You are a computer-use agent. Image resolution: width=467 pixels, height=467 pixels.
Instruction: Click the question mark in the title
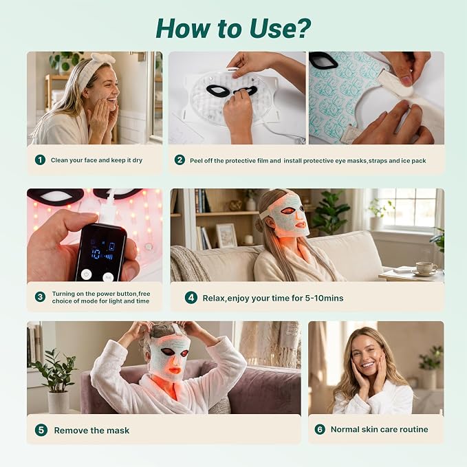coord(301,29)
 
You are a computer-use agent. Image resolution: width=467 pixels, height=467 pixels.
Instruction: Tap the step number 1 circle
coord(40,160)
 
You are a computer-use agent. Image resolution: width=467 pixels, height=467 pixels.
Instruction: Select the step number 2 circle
coord(180,160)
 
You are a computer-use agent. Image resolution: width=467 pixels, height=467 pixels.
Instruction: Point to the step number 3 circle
coord(40,297)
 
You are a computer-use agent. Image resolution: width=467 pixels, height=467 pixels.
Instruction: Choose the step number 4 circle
coord(191,298)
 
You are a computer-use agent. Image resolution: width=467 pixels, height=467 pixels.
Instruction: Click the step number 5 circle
coord(41,430)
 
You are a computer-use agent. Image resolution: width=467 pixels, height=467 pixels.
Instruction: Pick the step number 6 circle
coord(320,429)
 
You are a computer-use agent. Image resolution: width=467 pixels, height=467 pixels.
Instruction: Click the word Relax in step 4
coord(213,298)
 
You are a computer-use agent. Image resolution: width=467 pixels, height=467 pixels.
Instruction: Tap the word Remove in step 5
coord(71,431)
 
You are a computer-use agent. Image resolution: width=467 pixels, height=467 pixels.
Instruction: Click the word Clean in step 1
coord(59,160)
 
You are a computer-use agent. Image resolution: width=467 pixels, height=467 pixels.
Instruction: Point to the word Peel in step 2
coord(196,160)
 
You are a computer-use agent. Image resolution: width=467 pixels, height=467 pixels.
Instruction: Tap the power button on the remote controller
coord(87,274)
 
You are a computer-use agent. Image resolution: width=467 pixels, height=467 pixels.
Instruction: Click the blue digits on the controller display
coord(97,254)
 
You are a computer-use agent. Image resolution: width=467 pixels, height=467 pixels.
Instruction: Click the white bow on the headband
coord(103,58)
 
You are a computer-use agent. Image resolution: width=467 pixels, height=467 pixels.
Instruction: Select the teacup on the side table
coord(426,268)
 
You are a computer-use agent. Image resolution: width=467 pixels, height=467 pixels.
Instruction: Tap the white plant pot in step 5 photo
coord(58,402)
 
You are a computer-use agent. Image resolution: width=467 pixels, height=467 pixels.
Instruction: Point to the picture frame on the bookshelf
coord(227,235)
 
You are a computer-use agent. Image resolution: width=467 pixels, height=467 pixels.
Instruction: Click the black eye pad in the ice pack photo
coord(323,60)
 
